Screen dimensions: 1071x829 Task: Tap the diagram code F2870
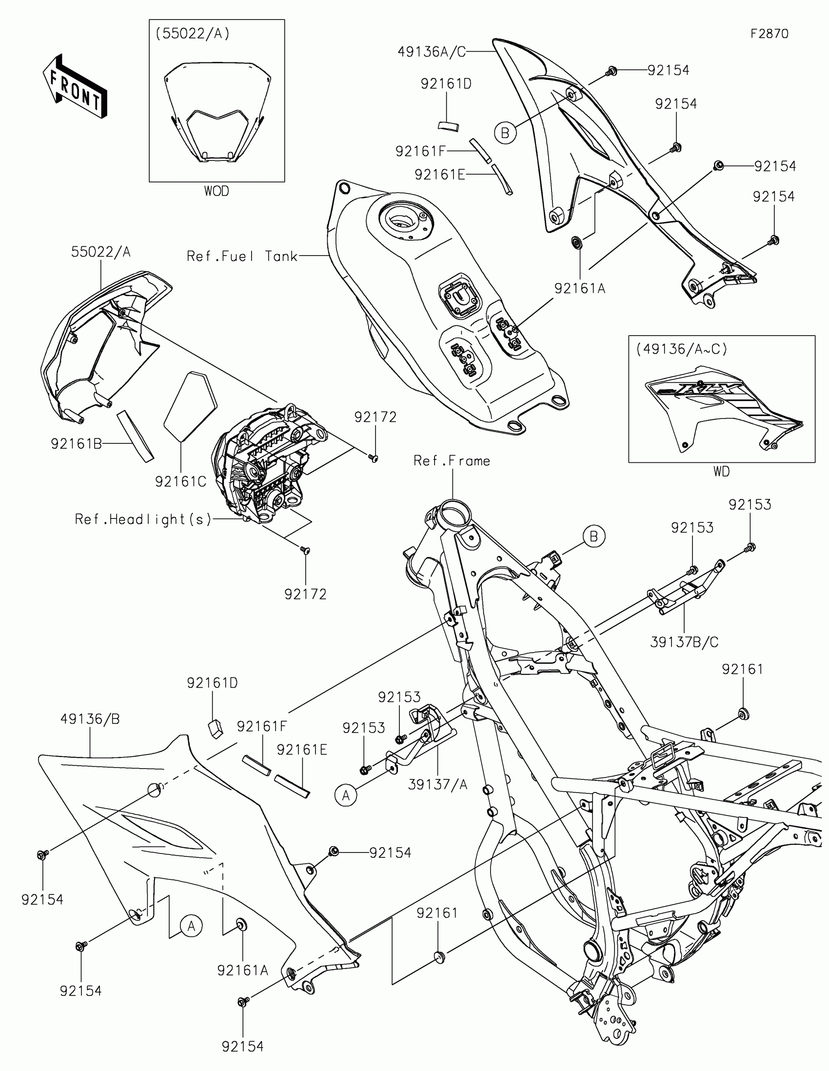click(769, 33)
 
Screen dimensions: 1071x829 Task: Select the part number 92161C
click(180, 481)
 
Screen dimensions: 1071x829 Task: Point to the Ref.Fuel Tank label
click(242, 256)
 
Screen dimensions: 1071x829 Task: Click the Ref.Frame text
click(452, 460)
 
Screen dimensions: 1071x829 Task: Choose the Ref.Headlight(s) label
click(143, 519)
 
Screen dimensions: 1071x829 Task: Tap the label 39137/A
click(437, 785)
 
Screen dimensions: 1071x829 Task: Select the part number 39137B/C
click(684, 642)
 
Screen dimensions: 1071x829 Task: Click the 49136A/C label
click(432, 52)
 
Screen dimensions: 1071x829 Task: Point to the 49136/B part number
click(90, 719)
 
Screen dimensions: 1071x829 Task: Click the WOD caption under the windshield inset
click(216, 191)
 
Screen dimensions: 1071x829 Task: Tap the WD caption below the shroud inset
click(721, 471)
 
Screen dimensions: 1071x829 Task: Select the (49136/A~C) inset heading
click(681, 349)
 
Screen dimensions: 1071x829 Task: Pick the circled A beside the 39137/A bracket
click(346, 795)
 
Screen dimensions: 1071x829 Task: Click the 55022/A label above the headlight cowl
click(101, 252)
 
